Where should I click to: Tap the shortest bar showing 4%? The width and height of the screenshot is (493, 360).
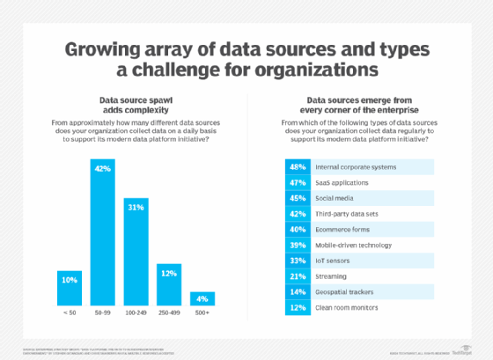pos(202,298)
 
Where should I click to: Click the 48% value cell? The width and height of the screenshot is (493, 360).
pos(298,165)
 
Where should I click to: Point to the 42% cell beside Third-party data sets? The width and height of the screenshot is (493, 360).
pos(298,213)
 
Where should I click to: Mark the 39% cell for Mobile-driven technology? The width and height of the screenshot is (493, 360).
pos(298,245)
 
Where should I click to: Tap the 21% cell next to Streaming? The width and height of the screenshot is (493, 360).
pos(298,276)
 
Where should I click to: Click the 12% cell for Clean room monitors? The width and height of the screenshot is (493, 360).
pos(298,308)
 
